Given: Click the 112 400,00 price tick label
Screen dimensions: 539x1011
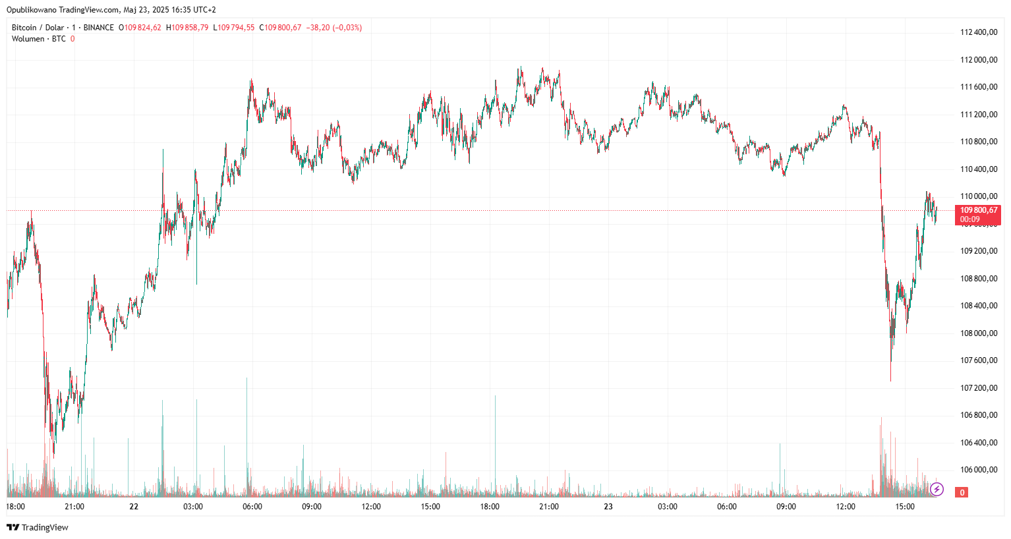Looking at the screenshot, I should coord(979,32).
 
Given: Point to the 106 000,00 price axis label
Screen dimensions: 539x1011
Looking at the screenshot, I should coord(979,470).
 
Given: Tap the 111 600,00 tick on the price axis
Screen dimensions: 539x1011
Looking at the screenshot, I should coord(979,87).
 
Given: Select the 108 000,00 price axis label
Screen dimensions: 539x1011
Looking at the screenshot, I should coord(979,333).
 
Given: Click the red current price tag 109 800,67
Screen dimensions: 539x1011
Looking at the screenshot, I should coord(978,214).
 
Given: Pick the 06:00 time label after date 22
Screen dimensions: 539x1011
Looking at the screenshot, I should coord(252,507).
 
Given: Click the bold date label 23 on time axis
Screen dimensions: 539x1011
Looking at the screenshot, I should coord(608,507).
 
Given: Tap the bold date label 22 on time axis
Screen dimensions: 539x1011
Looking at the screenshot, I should coord(134,507).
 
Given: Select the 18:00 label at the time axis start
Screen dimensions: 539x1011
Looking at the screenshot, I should coord(16,507).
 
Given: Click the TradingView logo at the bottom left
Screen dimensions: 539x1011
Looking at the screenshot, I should coord(38,527).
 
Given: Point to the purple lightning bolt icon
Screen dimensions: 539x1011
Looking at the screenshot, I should coord(937,489).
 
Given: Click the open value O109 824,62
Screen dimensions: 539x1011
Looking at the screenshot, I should coord(140,28).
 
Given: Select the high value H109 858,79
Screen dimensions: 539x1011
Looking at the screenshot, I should coord(187,28).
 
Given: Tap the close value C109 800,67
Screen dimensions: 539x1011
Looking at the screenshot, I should coord(280,28).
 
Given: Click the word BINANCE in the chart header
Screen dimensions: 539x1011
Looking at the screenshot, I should coord(99,28).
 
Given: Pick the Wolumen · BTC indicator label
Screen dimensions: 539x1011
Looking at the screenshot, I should coord(39,39).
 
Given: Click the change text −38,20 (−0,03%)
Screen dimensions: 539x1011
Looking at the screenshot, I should coord(334,28).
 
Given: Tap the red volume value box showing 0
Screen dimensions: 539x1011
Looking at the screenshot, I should coord(962,492).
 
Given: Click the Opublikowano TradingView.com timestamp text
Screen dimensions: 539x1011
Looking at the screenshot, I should coord(111,10).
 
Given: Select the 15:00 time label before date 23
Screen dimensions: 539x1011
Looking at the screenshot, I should coord(430,507).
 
